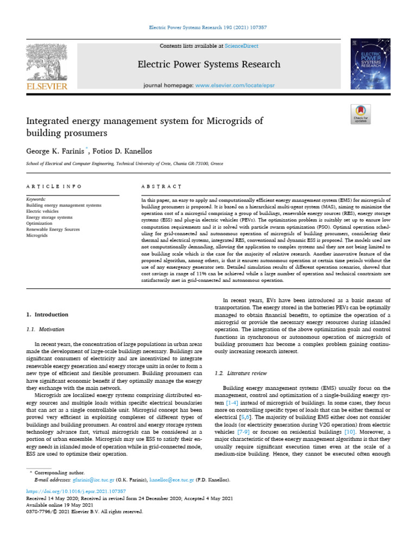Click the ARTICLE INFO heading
[x=54, y=186]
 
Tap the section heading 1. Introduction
[x=48, y=314]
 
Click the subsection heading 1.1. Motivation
[x=45, y=329]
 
